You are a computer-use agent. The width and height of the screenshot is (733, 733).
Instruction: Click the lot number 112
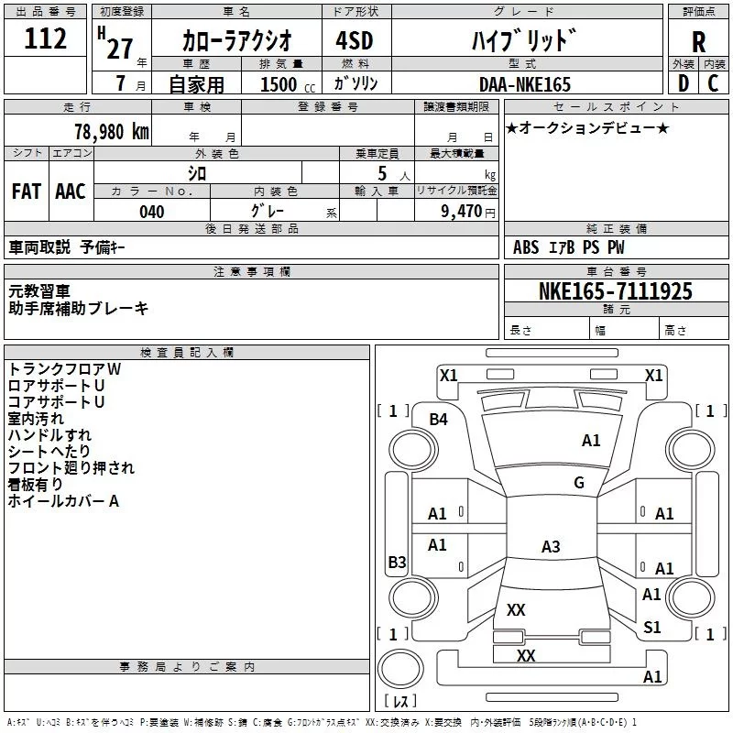[x=47, y=39]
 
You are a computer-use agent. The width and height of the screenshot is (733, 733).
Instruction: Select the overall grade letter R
[x=699, y=41]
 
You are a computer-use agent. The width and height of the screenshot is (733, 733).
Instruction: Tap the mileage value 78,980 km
[x=110, y=131]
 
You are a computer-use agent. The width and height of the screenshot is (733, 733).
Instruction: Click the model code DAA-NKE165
[x=524, y=84]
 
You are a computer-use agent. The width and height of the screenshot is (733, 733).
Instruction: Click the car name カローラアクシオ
[x=236, y=41]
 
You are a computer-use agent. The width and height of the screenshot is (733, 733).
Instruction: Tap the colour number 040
[x=152, y=212]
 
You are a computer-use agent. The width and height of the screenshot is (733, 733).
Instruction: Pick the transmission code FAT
[x=26, y=191]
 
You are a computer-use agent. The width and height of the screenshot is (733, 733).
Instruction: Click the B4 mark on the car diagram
[x=439, y=419]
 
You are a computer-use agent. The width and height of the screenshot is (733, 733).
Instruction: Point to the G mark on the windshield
[x=578, y=483]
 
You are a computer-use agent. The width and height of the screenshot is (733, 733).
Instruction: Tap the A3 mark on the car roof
[x=550, y=547]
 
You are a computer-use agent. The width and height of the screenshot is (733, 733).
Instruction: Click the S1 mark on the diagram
[x=651, y=627]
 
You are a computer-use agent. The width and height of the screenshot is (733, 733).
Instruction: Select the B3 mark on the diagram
[x=396, y=563]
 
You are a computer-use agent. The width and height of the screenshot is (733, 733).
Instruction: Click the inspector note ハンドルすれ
[x=49, y=435]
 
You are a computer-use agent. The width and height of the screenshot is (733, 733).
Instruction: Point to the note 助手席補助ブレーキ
[x=78, y=309]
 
